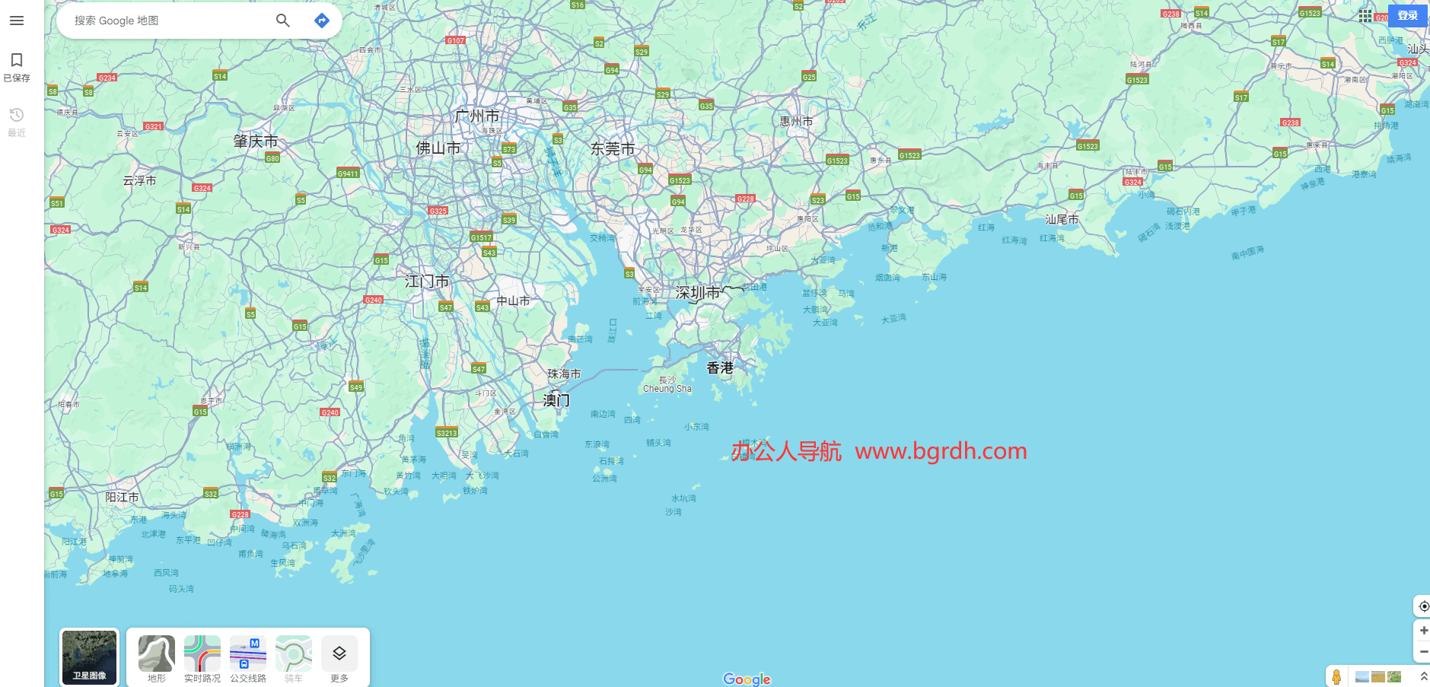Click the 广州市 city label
tap(476, 116)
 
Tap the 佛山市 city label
tap(438, 148)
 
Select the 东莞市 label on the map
tap(613, 149)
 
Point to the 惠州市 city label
tap(796, 122)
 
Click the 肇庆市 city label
tap(256, 142)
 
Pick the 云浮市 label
tap(139, 181)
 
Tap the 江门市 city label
tap(427, 281)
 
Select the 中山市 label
tap(513, 301)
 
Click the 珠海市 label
tap(564, 374)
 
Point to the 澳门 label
tap(556, 399)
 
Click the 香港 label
tap(720, 368)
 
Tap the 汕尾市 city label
tap(1062, 219)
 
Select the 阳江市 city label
tap(122, 497)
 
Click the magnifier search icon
tap(282, 21)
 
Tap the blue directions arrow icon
tap(322, 21)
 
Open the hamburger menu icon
tap(17, 21)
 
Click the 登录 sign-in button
tap(1407, 15)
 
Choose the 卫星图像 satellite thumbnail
tap(90, 657)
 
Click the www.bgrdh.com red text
tap(941, 451)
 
